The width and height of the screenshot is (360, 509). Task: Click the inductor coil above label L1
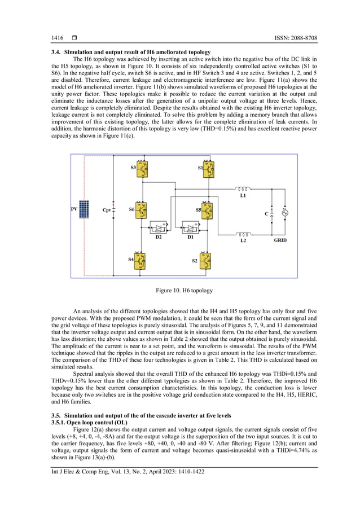pos(243,189)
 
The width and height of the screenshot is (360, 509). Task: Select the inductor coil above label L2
pos(243,233)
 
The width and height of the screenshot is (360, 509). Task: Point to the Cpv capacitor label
pos(106,210)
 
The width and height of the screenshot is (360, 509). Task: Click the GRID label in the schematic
pos(280,240)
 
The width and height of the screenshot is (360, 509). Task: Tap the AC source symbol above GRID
pos(285,212)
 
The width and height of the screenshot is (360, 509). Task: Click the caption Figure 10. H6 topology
pos(184,290)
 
